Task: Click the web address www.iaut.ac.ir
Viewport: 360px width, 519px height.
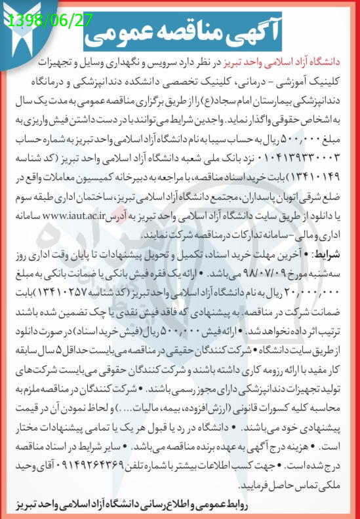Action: pos(194,214)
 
